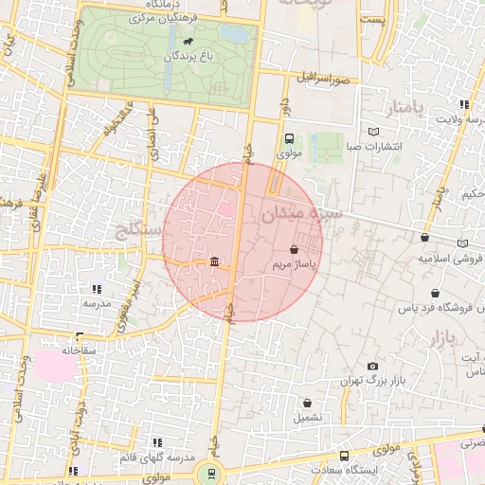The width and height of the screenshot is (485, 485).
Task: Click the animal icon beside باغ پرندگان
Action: pos(189,43)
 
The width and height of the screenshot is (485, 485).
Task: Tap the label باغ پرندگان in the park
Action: pos(172,57)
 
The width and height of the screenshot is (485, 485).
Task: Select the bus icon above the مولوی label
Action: pos(289,138)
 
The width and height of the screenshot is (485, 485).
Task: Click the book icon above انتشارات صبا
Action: pos(374,132)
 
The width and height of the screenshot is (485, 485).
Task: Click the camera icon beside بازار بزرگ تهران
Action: pos(372,367)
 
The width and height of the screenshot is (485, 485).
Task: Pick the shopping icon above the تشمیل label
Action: pos(308,403)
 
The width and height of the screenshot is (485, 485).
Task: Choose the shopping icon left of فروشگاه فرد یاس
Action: pos(435,294)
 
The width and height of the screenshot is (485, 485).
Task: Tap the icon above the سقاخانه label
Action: pos(80,336)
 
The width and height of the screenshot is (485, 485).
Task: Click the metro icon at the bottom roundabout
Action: pos(210,472)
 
